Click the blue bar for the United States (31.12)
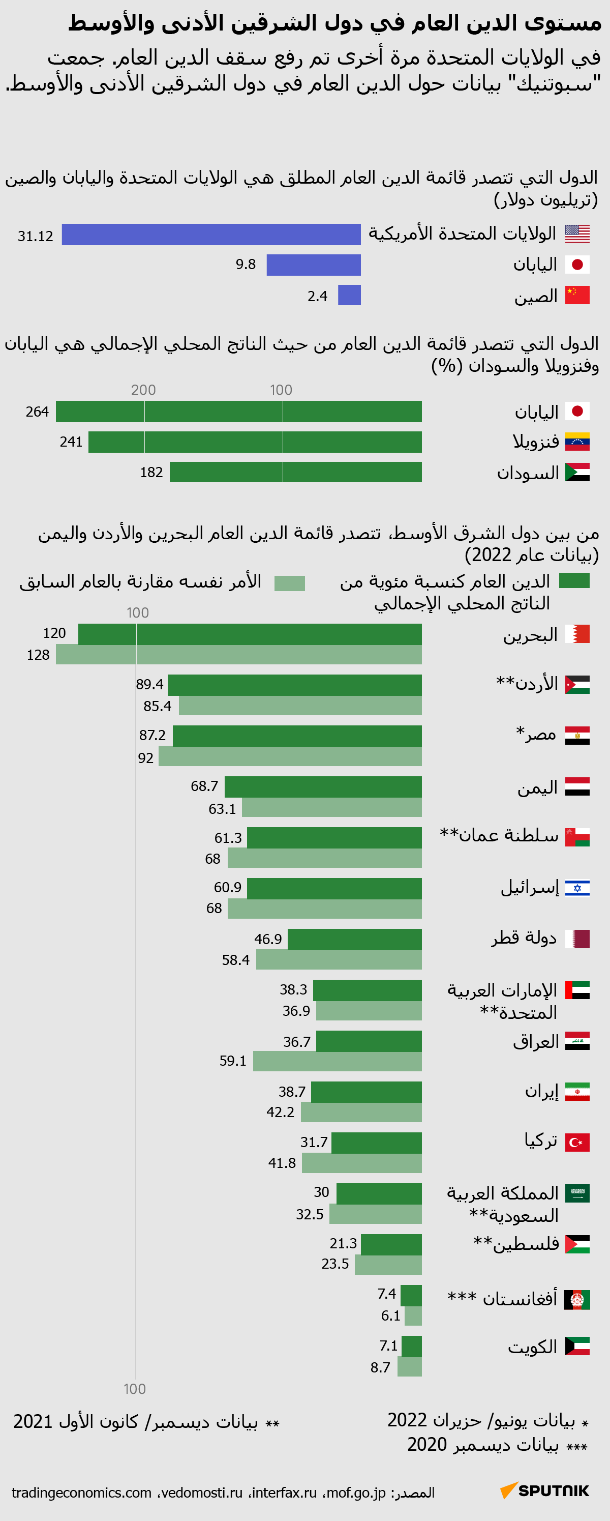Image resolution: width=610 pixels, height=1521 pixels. (210, 235)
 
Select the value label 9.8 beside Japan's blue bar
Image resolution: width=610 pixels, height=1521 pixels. (246, 265)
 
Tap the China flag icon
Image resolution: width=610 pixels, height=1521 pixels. (577, 295)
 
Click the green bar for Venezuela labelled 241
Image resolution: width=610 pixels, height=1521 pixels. (255, 442)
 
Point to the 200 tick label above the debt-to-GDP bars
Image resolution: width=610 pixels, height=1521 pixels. (143, 390)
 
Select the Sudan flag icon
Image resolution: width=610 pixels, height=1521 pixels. (577, 473)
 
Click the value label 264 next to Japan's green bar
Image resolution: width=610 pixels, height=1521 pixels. (37, 412)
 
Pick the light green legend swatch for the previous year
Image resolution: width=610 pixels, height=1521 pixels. (290, 583)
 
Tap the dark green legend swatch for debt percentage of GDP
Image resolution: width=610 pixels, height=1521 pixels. (574, 580)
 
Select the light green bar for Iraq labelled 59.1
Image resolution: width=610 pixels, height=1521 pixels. (337, 1061)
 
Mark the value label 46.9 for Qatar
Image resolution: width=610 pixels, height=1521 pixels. (268, 939)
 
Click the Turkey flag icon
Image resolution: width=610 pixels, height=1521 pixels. (577, 1143)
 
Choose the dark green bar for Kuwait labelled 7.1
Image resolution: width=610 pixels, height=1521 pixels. (411, 1346)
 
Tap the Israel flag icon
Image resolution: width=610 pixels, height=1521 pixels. (577, 888)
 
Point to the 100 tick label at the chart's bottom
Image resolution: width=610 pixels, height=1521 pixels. (135, 1389)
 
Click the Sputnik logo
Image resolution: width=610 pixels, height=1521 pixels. (544, 1490)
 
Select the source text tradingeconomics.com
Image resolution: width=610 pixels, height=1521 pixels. (81, 1493)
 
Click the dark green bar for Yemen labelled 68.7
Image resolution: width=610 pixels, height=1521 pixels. (323, 787)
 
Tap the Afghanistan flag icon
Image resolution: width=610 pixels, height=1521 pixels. (577, 1300)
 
